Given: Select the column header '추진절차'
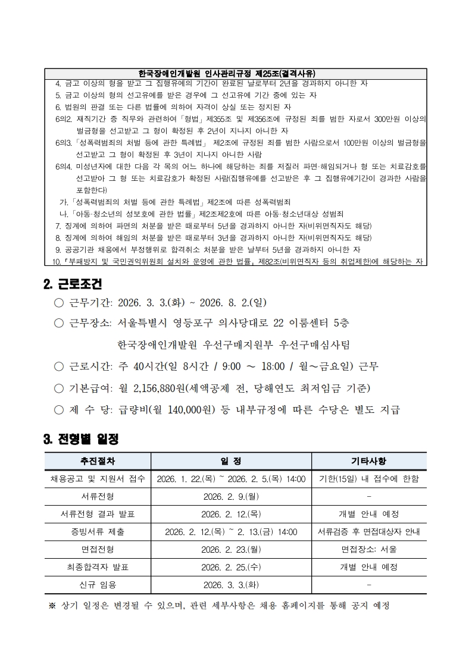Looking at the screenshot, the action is click(x=98, y=461).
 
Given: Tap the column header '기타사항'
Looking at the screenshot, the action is click(x=368, y=461).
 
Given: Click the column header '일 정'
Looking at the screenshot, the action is click(x=231, y=461).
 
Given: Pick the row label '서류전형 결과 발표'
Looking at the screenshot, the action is click(x=98, y=514).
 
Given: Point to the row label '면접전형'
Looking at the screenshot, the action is click(x=98, y=549).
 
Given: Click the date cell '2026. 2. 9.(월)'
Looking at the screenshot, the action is click(x=231, y=496).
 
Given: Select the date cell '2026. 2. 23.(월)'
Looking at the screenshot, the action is click(x=231, y=549).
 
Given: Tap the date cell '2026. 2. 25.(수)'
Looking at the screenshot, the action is click(x=231, y=567).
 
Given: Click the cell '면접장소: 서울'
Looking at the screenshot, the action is click(x=368, y=549).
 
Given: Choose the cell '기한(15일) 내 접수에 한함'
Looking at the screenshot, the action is click(x=368, y=479).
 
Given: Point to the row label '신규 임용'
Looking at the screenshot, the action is click(x=98, y=585).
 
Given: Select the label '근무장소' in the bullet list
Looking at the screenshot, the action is click(x=90, y=323).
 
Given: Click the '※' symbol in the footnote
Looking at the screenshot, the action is click(x=51, y=606).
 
